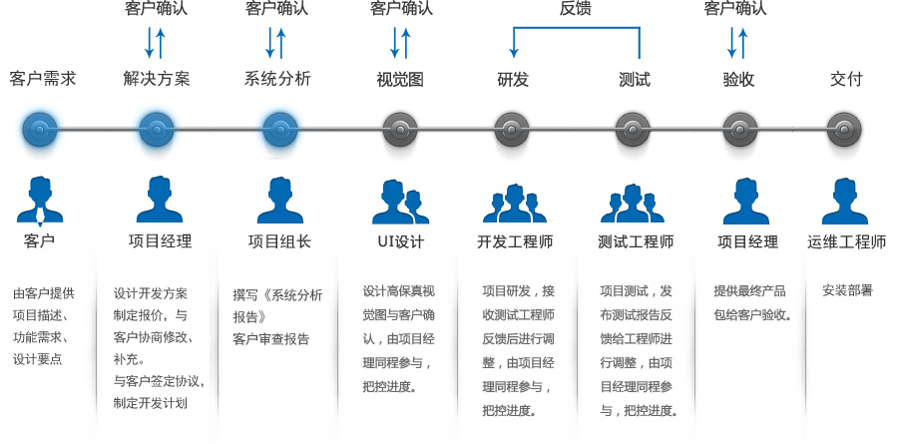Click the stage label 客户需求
pyautogui.click(x=42, y=79)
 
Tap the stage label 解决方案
pyautogui.click(x=157, y=79)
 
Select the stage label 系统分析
pyautogui.click(x=277, y=79)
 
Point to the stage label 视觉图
pyautogui.click(x=400, y=79)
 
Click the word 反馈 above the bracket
pyautogui.click(x=576, y=9)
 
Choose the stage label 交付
pyautogui.click(x=845, y=79)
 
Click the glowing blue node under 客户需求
pyautogui.click(x=40, y=128)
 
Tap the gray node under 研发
pyautogui.click(x=512, y=128)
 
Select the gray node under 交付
pyautogui.click(x=844, y=128)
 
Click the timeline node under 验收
pyautogui.click(x=738, y=128)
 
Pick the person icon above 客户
pyautogui.click(x=40, y=200)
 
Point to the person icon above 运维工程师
pyautogui.click(x=845, y=201)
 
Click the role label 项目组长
pyautogui.click(x=279, y=241)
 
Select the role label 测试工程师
pyautogui.click(x=636, y=241)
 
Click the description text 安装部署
pyautogui.click(x=847, y=290)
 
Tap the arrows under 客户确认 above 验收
pyautogui.click(x=739, y=42)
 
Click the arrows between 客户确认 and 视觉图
pyautogui.click(x=400, y=42)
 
